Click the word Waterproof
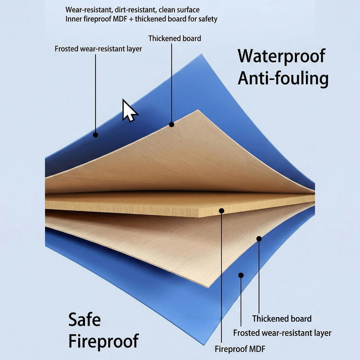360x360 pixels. pyautogui.click(x=282, y=56)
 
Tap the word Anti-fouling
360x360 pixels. pyautogui.click(x=283, y=78)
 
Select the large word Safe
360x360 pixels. pyautogui.click(x=84, y=319)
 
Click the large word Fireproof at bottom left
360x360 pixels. pyautogui.click(x=104, y=341)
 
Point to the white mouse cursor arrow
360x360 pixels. pyautogui.click(x=129, y=110)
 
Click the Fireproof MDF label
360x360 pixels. pyautogui.click(x=240, y=349)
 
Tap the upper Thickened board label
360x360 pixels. pyautogui.click(x=174, y=38)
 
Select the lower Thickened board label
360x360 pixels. pyautogui.click(x=282, y=319)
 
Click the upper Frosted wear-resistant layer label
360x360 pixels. pyautogui.click(x=98, y=49)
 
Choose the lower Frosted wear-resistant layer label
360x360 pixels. pyautogui.click(x=282, y=333)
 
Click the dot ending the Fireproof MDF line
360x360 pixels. pyautogui.click(x=221, y=211)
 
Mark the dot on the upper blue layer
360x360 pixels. pyautogui.click(x=96, y=135)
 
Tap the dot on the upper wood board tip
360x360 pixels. pyautogui.click(x=172, y=124)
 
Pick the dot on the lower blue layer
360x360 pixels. pyautogui.click(x=241, y=275)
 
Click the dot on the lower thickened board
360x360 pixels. pyautogui.click(x=259, y=239)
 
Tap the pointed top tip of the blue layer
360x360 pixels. pyautogui.click(x=201, y=54)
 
